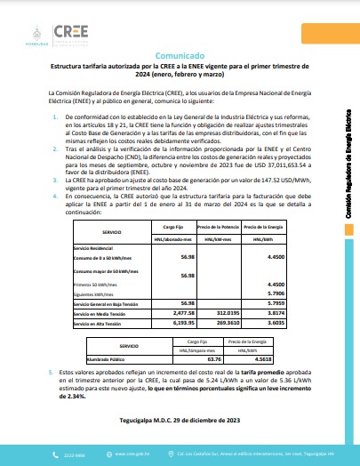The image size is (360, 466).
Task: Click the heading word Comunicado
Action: click(x=180, y=54)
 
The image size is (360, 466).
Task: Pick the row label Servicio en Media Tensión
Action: click(x=104, y=313)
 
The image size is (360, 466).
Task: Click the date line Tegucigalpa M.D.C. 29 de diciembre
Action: click(x=180, y=418)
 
